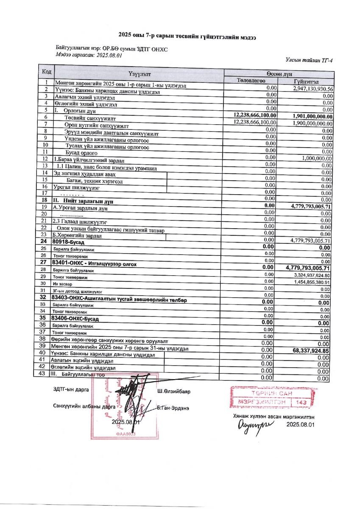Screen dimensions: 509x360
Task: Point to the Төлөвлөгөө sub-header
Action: [251, 81]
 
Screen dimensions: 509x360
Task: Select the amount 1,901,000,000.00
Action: [307, 116]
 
